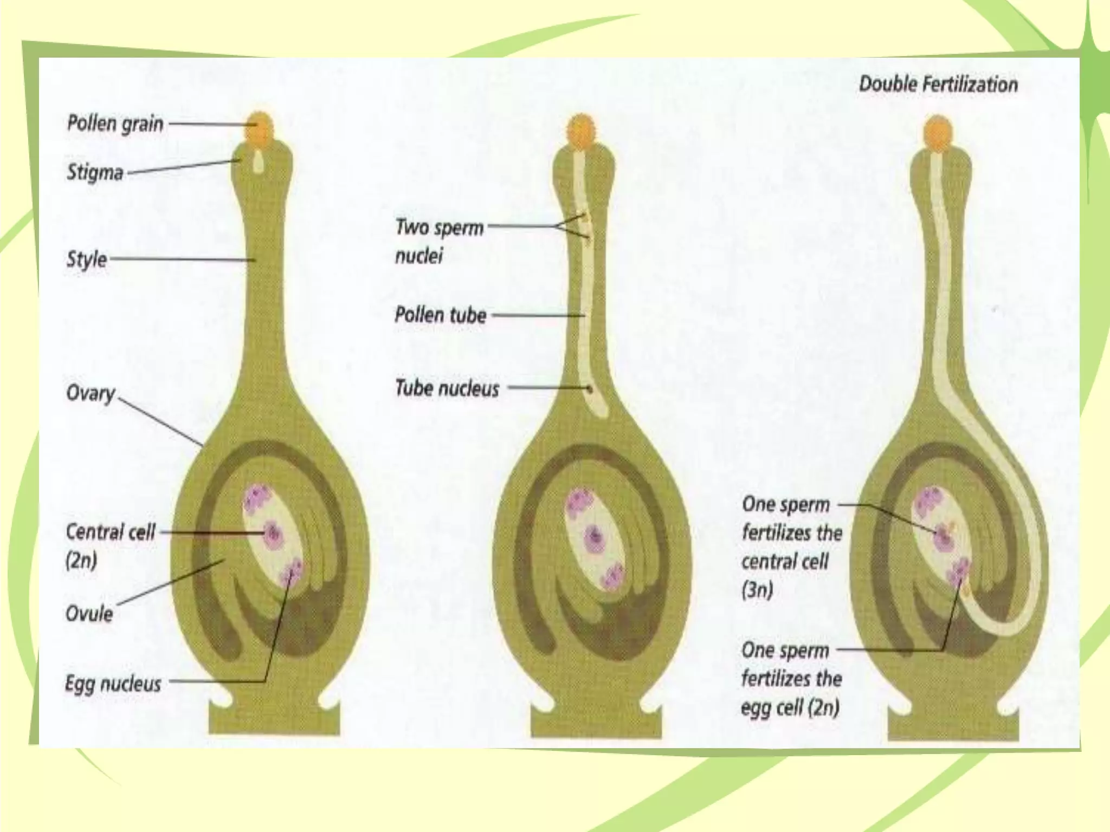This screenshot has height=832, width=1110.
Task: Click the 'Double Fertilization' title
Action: coord(938,84)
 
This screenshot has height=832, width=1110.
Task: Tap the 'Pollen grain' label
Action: coord(115,123)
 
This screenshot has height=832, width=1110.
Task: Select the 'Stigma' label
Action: coord(95,172)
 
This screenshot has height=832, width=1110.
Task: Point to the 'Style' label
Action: coord(87,259)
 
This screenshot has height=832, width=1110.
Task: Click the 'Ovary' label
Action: coord(90,393)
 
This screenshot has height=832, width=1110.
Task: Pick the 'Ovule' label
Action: coord(89,614)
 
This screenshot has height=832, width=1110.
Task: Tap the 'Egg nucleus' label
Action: coord(113,684)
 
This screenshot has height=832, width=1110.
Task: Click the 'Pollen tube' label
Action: coord(440,315)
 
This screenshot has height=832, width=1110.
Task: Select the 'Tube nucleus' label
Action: coord(447,388)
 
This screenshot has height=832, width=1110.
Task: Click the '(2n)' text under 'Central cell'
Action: coord(81,560)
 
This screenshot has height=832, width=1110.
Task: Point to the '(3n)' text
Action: coord(757,589)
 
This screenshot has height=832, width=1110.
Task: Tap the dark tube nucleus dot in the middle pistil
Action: coord(590,388)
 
